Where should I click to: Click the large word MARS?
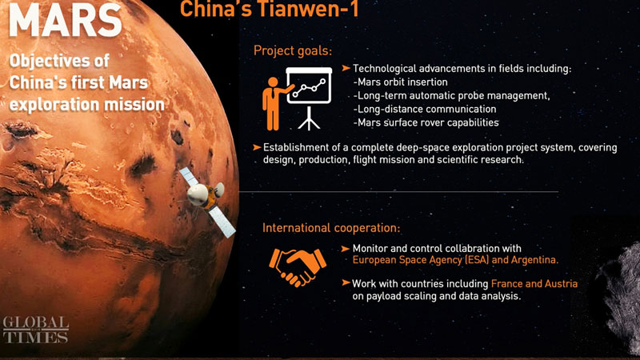(64, 22)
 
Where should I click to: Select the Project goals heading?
(292, 50)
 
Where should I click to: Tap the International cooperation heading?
(331, 229)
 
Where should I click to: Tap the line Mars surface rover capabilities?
(426, 122)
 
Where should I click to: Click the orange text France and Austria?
(534, 284)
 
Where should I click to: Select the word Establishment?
(299, 147)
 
